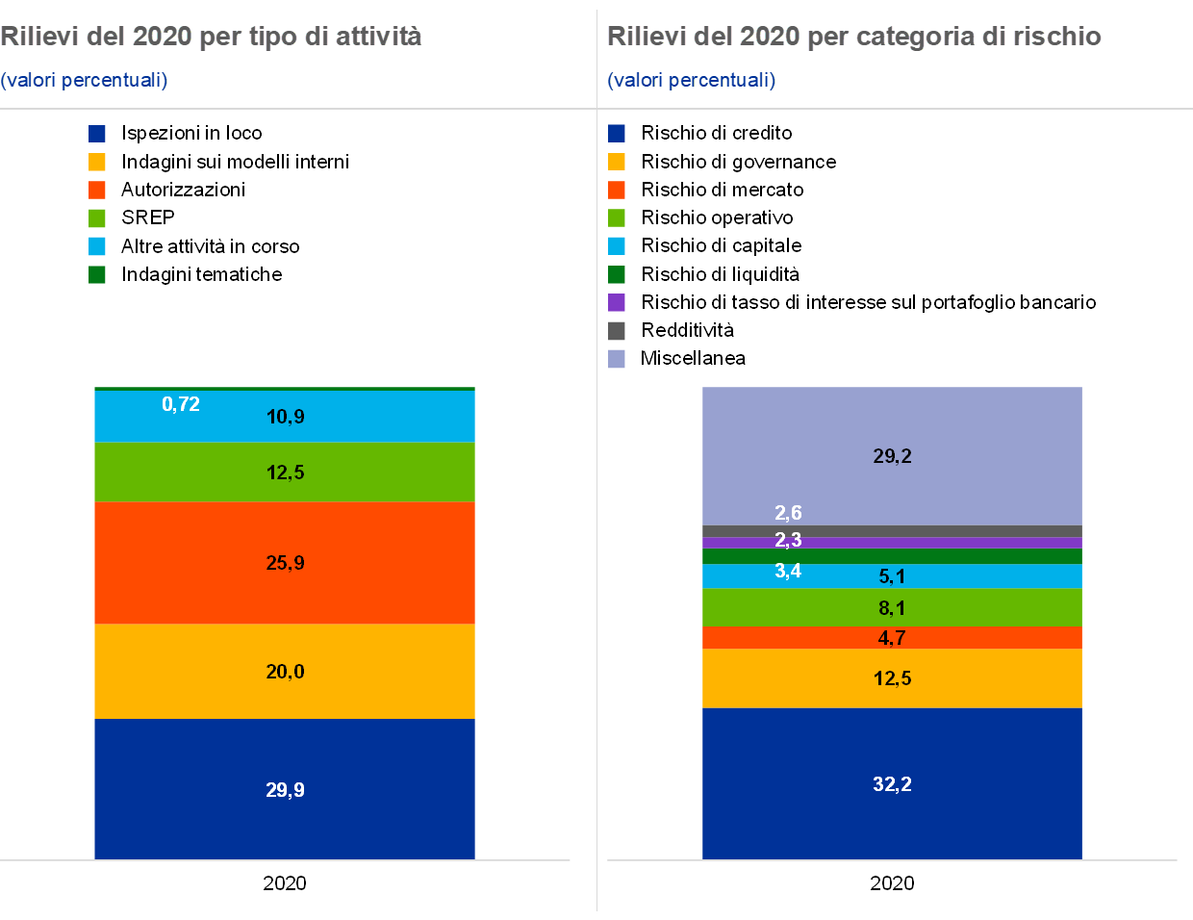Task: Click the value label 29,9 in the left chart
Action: coord(285,790)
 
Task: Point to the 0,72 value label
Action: coord(181,404)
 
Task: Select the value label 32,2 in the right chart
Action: coord(892,784)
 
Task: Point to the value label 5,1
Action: coord(892,576)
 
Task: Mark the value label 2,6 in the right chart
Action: coord(788,513)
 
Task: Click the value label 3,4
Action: coord(788,571)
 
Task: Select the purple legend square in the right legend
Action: coord(617,303)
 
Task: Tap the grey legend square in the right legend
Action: coord(617,331)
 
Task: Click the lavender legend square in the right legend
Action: coord(617,359)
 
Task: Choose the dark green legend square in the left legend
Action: coord(97,275)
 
